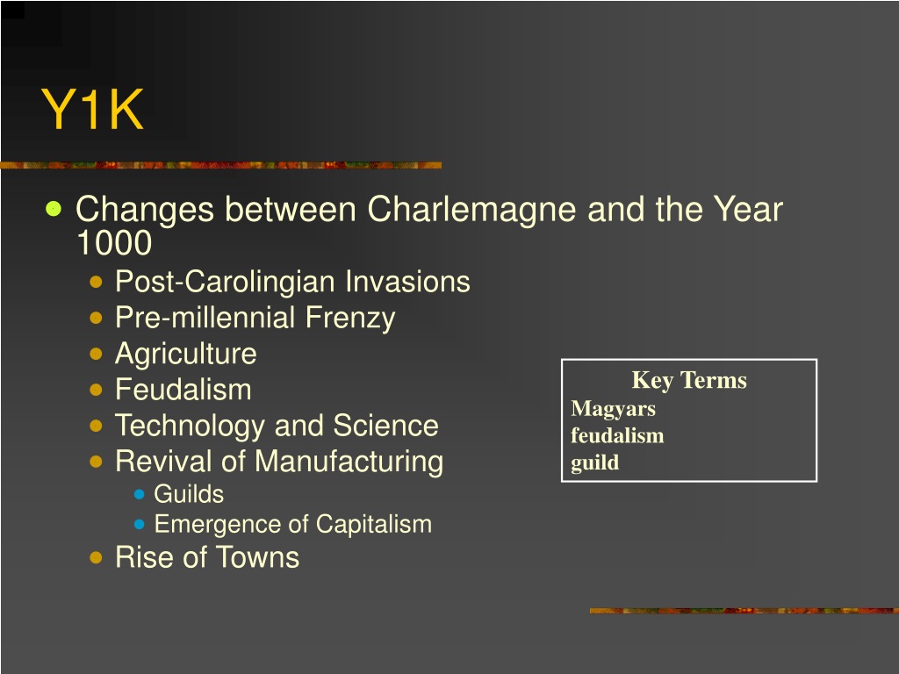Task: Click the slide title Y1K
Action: (x=92, y=110)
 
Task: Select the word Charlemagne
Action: (x=471, y=210)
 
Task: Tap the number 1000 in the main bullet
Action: (x=114, y=243)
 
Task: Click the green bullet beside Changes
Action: (x=54, y=209)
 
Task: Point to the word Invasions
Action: (x=407, y=282)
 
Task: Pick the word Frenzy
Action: (x=350, y=319)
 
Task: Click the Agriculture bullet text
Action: (x=186, y=355)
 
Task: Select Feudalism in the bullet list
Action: (x=183, y=390)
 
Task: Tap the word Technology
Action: (x=191, y=427)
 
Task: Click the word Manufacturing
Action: (x=349, y=462)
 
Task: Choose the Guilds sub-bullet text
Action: (x=189, y=494)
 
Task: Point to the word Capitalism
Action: (x=374, y=525)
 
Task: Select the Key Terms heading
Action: (x=689, y=381)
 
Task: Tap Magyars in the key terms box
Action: (x=613, y=409)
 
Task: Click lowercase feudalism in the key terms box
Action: (x=617, y=435)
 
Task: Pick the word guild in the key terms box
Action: (x=595, y=462)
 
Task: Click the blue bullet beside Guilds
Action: (x=140, y=494)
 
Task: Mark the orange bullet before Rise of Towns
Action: (x=97, y=557)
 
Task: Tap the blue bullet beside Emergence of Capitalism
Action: (x=140, y=524)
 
